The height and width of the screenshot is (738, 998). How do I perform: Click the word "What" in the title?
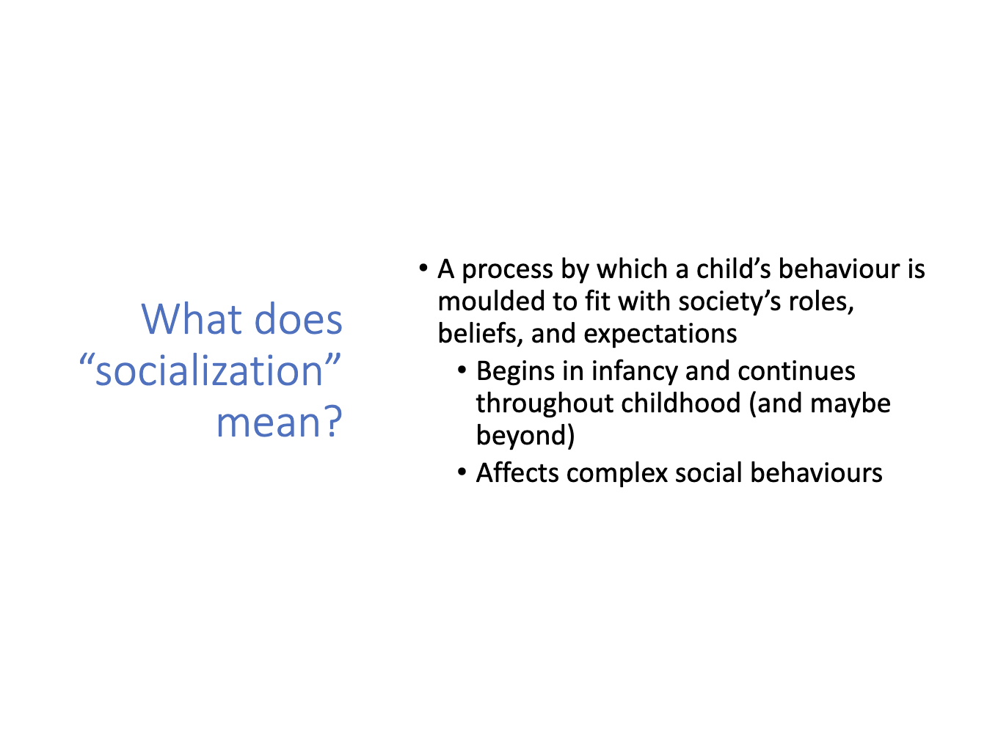coord(192,319)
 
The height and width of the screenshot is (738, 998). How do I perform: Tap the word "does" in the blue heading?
coord(299,319)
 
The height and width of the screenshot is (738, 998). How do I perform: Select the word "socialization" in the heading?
coord(209,370)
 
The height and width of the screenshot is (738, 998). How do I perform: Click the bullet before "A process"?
coord(423,268)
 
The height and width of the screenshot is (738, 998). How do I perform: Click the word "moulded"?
coord(492,301)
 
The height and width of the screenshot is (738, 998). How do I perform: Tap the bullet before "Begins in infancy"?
coord(462,370)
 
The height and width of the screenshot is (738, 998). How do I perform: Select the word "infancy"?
coord(635,372)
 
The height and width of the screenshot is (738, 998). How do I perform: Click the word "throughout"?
coord(544,403)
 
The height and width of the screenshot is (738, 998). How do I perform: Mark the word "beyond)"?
coord(525,436)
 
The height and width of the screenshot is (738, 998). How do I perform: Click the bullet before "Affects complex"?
coord(462,472)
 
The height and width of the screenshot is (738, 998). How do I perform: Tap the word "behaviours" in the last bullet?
coord(816,472)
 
